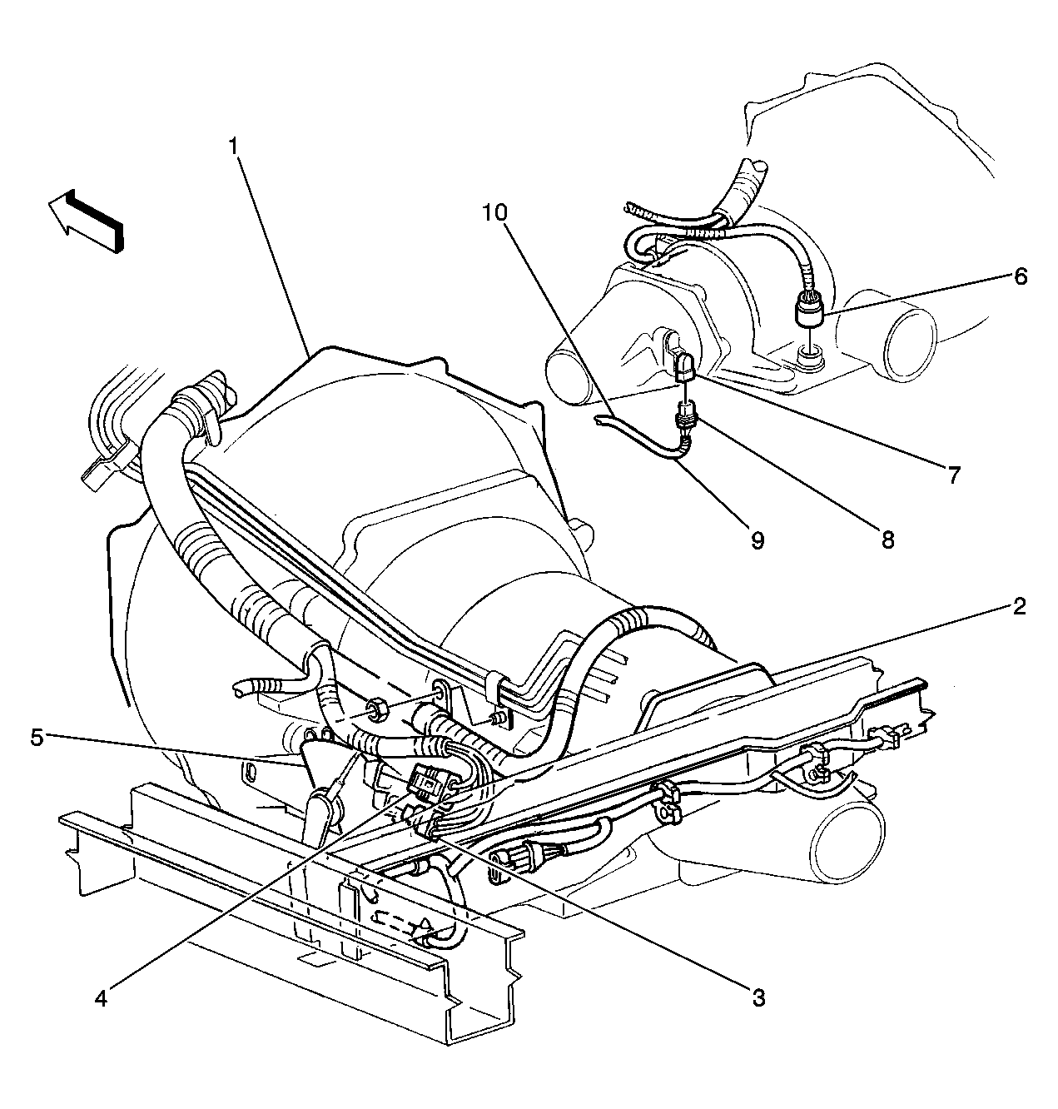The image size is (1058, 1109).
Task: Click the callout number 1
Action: [233, 147]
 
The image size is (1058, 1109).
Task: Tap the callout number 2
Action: [1019, 608]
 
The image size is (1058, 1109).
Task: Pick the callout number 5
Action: [37, 738]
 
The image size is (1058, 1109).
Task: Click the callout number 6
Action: [1021, 277]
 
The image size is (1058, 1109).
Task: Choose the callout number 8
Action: [887, 540]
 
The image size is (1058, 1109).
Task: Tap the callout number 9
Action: [757, 540]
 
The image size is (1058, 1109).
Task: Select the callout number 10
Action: [495, 212]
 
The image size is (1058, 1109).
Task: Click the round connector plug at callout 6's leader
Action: [810, 311]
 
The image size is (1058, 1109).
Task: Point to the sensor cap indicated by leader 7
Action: [684, 366]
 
